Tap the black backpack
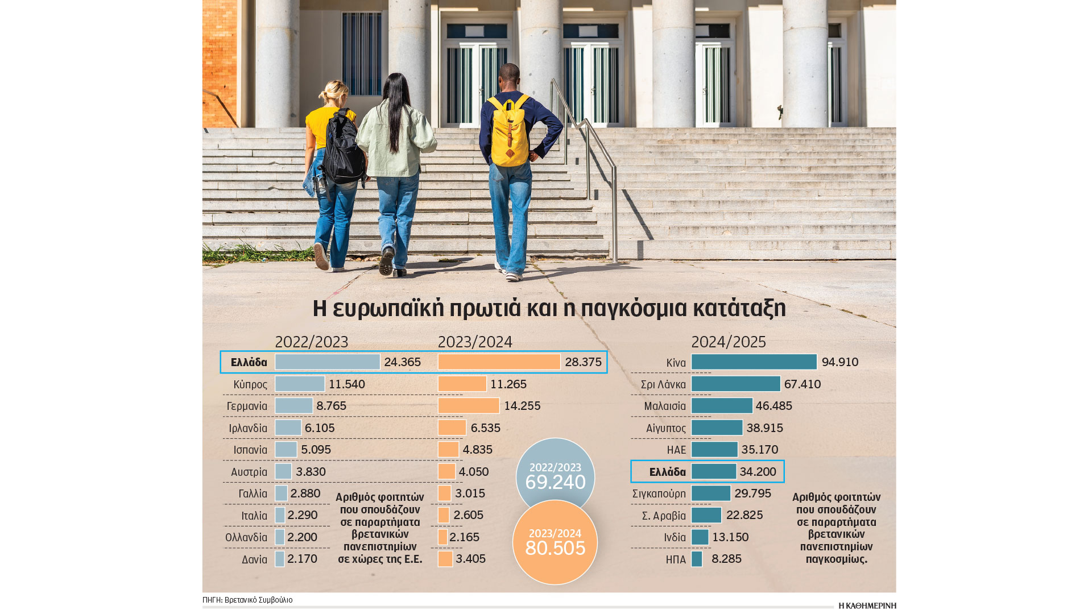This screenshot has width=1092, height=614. (343, 149)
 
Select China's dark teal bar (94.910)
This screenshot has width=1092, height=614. (754, 362)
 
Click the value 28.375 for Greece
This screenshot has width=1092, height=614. (583, 363)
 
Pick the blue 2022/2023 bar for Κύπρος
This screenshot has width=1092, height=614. (300, 384)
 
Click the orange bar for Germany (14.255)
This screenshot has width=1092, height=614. (468, 406)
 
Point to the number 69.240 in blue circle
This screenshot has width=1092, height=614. (555, 482)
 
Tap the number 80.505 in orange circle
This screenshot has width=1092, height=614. (555, 548)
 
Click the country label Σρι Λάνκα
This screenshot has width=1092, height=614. (663, 385)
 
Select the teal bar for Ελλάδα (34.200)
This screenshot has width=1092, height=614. (714, 472)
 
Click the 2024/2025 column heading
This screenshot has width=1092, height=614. (728, 342)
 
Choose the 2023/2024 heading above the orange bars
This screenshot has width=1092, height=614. (475, 342)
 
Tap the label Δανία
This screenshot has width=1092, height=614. (254, 559)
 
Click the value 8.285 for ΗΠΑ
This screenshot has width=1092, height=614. (726, 559)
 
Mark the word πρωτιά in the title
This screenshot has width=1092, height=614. (485, 309)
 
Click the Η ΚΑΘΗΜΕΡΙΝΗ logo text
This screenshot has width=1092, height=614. (867, 605)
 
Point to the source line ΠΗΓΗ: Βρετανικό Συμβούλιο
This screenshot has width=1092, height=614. (247, 600)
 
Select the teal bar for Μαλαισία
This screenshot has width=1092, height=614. (722, 406)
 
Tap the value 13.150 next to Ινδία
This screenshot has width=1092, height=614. (730, 537)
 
